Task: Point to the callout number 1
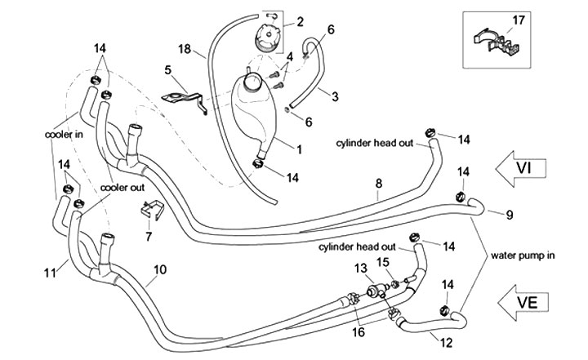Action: (299, 149)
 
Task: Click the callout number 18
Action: (184, 50)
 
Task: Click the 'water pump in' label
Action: (523, 255)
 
